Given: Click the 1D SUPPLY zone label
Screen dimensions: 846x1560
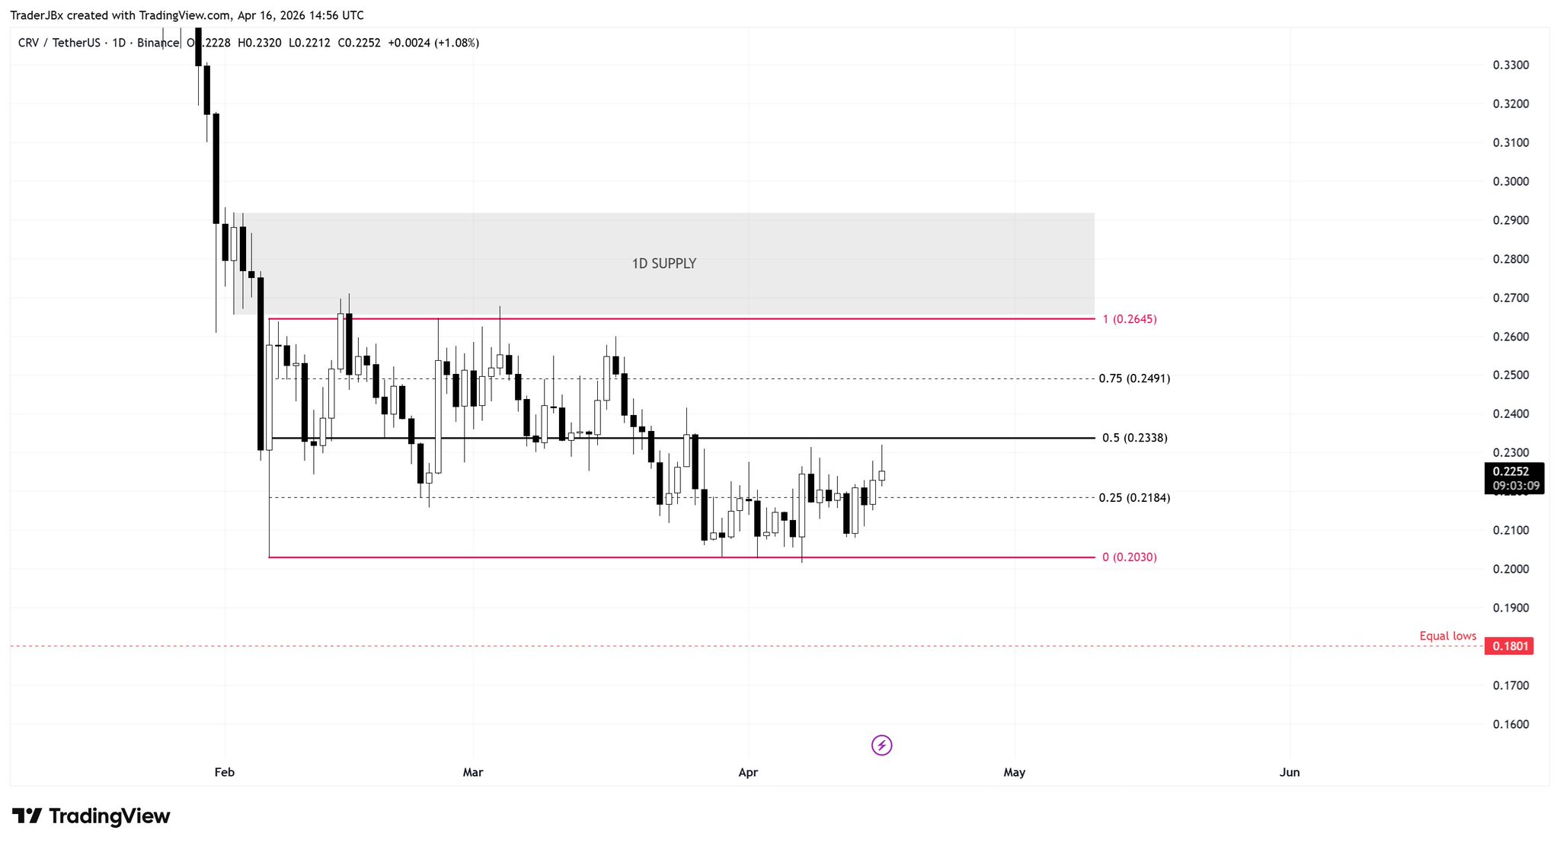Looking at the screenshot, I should point(663,263).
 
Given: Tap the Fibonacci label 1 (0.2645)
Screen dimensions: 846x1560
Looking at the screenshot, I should point(1129,319).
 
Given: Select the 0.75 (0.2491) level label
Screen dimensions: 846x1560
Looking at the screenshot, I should point(1134,378).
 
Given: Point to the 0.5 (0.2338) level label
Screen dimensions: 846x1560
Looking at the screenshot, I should point(1134,438).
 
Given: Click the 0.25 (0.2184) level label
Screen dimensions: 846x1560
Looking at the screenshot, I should point(1134,498).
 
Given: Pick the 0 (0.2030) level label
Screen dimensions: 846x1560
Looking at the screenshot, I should point(1129,557).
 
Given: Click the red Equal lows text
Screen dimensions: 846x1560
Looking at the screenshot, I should point(1447,636).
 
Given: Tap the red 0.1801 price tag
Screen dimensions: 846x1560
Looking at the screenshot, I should point(1510,646).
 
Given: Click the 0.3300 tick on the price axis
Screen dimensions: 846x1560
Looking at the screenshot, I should point(1510,65).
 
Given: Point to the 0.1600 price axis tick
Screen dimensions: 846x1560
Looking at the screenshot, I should point(1510,724).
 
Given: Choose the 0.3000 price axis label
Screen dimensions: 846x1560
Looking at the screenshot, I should point(1510,181).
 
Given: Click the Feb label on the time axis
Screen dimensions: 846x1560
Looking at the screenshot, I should point(224,772).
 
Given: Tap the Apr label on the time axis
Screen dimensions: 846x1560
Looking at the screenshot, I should point(748,772).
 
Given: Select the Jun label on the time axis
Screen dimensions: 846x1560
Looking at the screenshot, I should point(1289,772).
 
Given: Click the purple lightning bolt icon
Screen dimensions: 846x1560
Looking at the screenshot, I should point(881,745).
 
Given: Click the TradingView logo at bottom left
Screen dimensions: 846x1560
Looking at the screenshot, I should point(91,816).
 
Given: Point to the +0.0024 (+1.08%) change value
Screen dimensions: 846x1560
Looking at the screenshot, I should point(433,43).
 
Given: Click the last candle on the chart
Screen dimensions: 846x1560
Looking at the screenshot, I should point(881,476).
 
